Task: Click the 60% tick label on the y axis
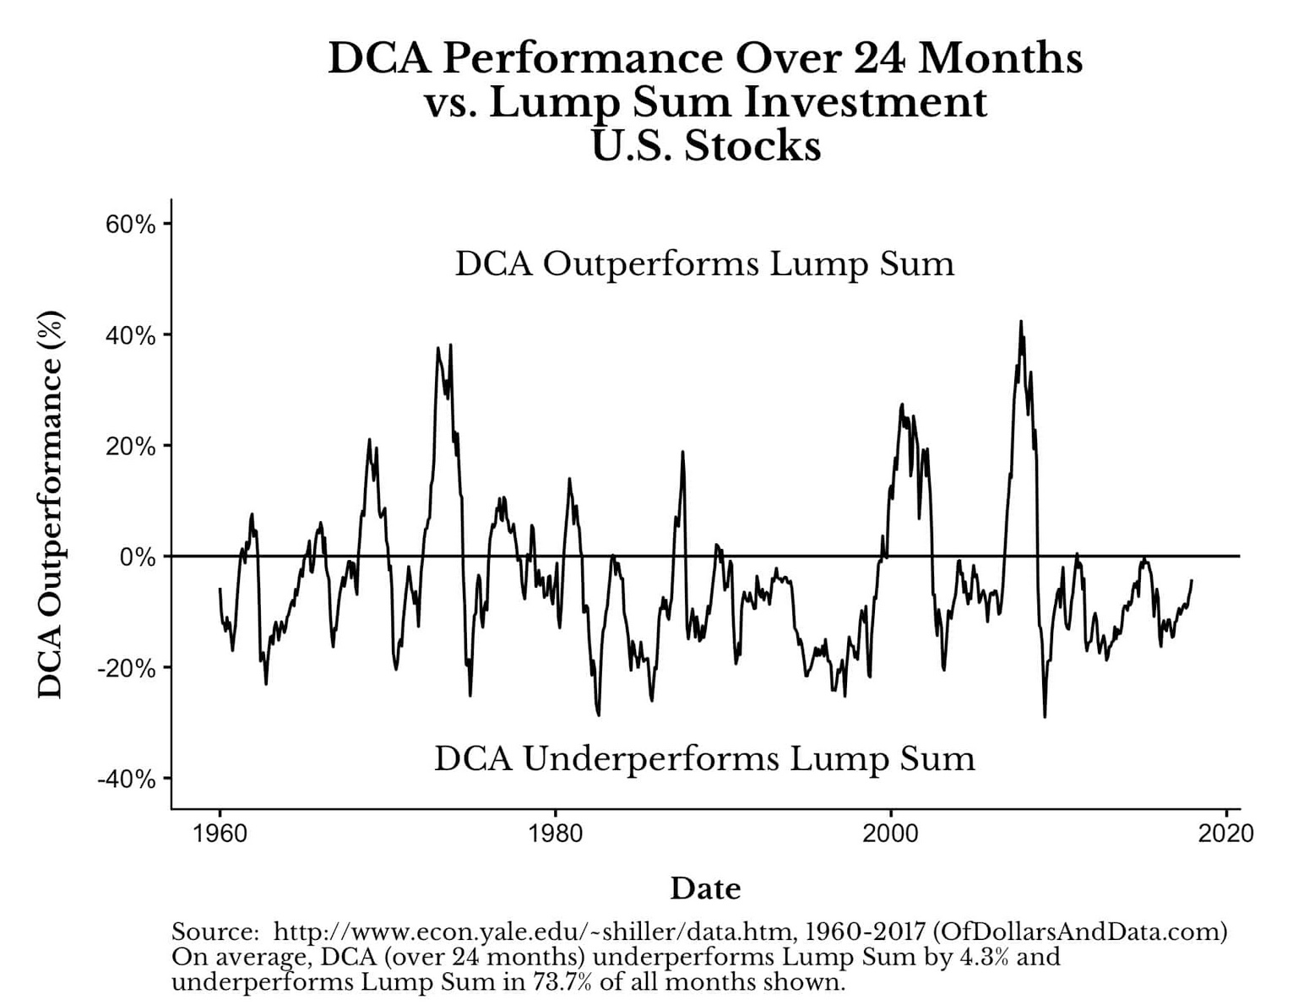point(130,225)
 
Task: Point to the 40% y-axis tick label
point(130,335)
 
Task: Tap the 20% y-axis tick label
point(130,447)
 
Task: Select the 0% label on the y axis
point(138,557)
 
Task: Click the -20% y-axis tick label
point(127,668)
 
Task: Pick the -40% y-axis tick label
point(127,779)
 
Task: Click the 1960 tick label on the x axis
point(220,834)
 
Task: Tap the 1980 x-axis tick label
point(555,834)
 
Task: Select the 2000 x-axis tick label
point(890,834)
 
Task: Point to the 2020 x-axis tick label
point(1225,834)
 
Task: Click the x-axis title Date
point(705,888)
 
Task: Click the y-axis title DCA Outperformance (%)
point(51,505)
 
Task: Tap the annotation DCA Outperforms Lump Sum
point(704,263)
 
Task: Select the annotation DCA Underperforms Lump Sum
point(704,758)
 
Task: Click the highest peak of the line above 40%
point(1020,322)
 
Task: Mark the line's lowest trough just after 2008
point(1045,716)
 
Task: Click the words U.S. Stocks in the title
point(705,145)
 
